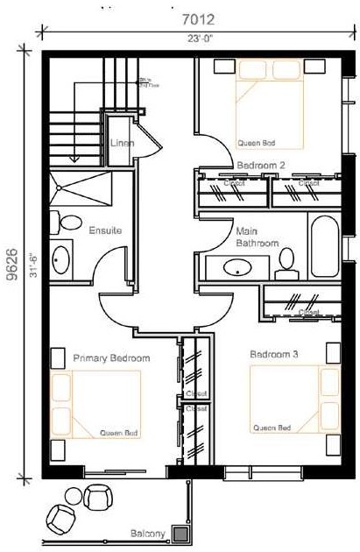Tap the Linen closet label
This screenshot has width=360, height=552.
[x=121, y=142]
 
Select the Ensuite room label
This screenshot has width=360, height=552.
[x=104, y=230]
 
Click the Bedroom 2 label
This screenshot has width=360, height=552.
[x=261, y=165]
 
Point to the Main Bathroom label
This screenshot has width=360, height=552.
[x=257, y=237]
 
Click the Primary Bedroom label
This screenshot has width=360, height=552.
[x=111, y=357]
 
